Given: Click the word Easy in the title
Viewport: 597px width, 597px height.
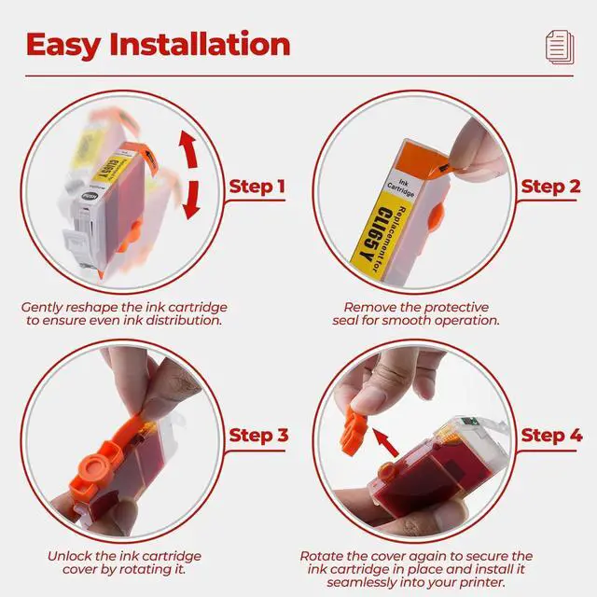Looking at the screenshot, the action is tap(63, 46).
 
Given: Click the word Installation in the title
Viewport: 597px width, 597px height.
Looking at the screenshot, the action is tap(200, 44).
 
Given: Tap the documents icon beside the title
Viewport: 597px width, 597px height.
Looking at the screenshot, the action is tap(560, 48).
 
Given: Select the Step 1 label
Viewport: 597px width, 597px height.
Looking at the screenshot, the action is tap(257, 187).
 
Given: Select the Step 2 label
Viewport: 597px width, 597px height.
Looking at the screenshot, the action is tap(550, 187).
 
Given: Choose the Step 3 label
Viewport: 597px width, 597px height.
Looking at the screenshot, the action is tap(258, 436).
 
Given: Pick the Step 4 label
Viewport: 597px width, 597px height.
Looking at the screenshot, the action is tap(551, 436).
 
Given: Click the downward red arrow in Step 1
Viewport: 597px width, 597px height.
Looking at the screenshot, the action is tap(191, 200).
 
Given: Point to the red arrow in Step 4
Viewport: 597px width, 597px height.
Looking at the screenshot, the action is tap(385, 441).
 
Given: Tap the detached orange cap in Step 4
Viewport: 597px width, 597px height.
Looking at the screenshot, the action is tap(353, 430).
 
